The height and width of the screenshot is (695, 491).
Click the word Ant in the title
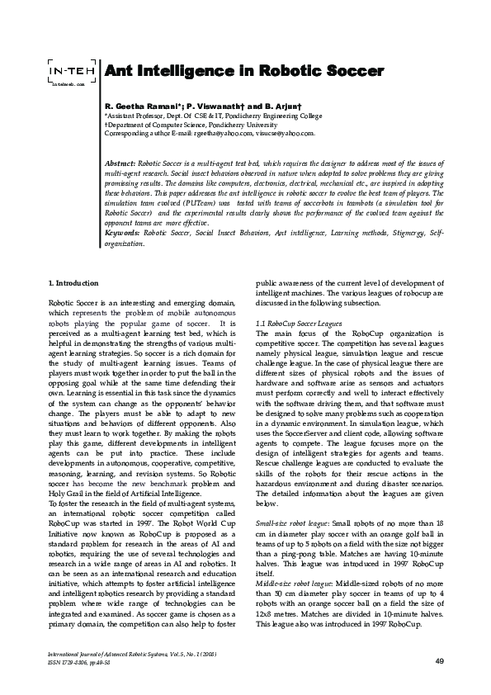point(120,71)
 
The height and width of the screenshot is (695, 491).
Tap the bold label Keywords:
point(122,234)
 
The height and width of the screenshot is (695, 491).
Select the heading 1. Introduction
point(74,285)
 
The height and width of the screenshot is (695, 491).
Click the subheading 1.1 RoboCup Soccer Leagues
point(295,325)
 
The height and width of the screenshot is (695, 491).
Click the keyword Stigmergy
point(403,234)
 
